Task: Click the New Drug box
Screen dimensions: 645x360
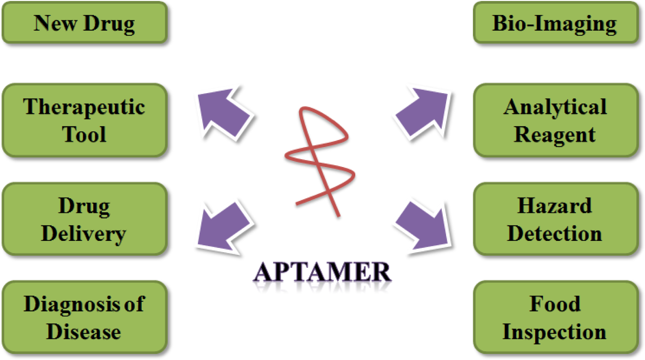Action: point(85,23)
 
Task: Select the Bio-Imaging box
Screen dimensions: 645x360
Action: point(555,23)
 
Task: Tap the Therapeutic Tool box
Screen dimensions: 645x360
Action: point(85,120)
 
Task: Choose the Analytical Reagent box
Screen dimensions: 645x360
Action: point(555,120)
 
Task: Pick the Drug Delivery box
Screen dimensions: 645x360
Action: point(85,219)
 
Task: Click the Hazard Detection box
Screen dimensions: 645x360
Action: point(555,219)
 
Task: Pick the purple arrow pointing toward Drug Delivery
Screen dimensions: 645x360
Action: point(223,227)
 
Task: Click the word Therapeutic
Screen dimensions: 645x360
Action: point(84,107)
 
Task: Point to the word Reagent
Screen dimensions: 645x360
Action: point(555,135)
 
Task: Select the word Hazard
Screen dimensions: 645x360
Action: point(555,206)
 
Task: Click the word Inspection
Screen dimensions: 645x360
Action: point(554,332)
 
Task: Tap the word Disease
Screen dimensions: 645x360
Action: point(84,332)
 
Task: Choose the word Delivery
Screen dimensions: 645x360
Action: point(84,234)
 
